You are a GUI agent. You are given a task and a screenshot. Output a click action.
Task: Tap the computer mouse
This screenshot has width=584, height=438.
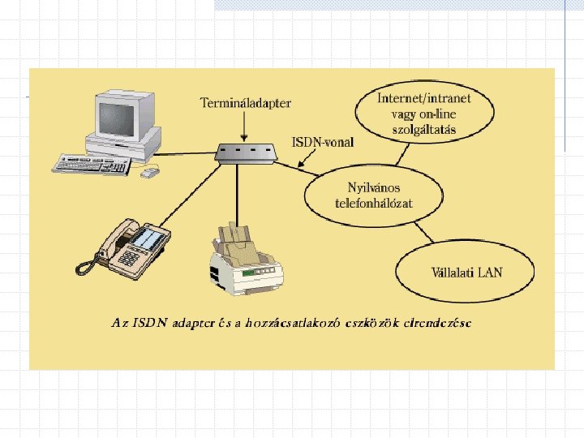[149, 172]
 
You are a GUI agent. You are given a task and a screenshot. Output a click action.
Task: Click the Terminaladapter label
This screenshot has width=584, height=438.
[246, 103]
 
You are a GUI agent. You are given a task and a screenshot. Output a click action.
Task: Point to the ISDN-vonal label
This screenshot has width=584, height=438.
[322, 142]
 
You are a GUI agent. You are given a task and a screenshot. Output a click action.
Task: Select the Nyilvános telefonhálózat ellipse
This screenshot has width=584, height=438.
[374, 195]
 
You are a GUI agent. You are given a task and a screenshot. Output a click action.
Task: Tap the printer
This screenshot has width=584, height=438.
[246, 257]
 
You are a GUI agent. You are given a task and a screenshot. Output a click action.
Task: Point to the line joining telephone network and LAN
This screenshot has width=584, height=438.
[421, 235]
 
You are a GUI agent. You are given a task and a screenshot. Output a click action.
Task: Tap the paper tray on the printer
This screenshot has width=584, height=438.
[239, 235]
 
